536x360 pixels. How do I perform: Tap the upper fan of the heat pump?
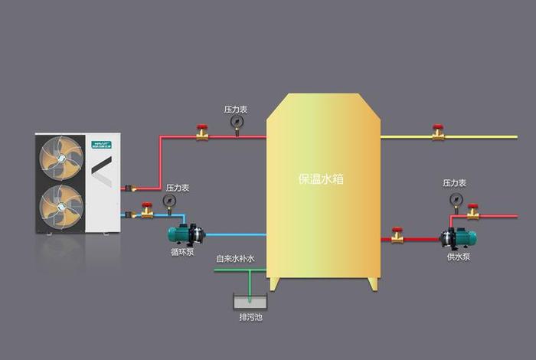61,159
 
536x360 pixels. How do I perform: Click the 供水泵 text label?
459,257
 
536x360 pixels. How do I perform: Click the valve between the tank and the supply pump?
397,235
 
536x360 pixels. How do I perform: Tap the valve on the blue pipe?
147,209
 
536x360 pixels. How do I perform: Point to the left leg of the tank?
273,284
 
